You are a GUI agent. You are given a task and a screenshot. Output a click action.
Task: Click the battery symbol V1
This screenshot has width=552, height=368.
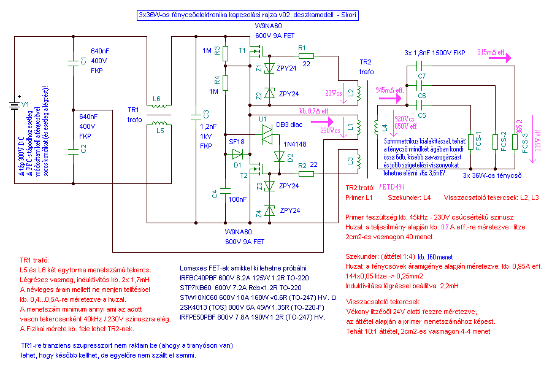pos(15,105)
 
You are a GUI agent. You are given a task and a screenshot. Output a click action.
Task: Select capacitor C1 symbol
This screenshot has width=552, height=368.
pos(73,63)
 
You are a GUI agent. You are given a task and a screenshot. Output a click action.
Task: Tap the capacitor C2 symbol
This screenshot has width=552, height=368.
pos(73,151)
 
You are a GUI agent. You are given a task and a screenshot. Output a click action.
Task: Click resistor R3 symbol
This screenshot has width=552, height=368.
pos(225,53)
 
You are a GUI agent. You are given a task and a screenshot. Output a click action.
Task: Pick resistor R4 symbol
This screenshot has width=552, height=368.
pos(225,83)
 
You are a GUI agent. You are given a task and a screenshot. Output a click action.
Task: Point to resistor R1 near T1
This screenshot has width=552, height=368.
pos(306,56)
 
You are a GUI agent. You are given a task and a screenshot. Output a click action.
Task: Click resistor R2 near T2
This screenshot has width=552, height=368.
pos(306,173)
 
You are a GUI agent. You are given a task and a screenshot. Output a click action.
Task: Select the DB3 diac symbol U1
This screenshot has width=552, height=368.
pos(267,134)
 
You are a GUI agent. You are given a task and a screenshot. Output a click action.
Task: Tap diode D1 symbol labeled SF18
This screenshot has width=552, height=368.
pos(237,154)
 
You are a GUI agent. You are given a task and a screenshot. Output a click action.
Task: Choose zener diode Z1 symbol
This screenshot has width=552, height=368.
pos(269,68)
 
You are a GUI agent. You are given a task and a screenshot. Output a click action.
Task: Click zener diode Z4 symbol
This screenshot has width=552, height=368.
pos(269,210)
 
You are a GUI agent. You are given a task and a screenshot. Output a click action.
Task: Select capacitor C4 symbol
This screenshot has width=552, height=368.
pos(225,191)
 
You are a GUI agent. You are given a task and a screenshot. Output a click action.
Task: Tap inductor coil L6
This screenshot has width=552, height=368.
pos(159,105)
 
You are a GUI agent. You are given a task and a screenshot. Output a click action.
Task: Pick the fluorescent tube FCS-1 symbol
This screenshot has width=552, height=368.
pos(470,142)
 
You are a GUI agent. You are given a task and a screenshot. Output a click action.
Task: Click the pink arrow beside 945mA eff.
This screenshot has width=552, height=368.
pos(389,98)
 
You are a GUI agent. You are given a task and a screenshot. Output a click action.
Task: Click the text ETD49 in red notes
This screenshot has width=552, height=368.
pos(393,187)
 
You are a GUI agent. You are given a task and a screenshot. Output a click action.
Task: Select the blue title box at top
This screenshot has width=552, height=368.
pos(248,15)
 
